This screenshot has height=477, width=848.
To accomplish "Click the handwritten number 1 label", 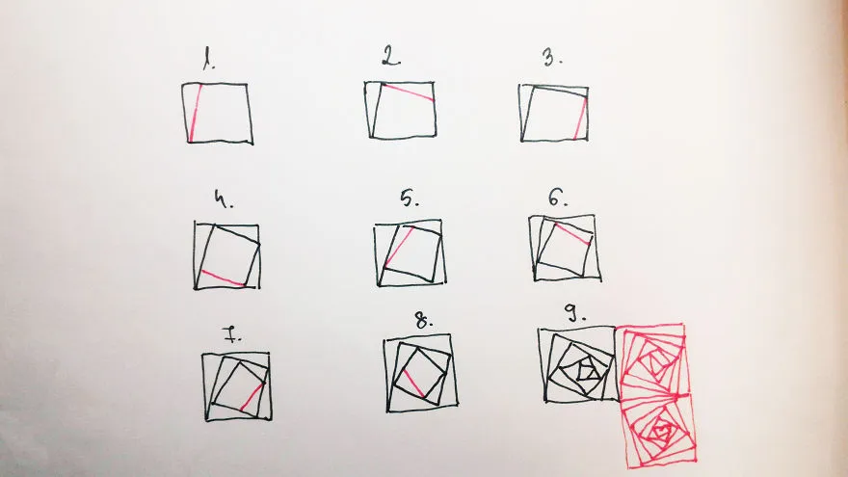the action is pos(209,59).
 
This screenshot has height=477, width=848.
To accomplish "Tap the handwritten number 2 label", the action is pos(391,56).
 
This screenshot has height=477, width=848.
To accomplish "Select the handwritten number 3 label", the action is pos(552,57).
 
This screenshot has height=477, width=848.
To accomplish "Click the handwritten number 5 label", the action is pos(410,199).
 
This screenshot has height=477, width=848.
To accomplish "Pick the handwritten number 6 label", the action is pos(558,199).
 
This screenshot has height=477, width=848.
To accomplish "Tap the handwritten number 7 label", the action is pos(232,334).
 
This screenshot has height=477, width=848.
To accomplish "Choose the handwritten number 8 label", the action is pos(424,321).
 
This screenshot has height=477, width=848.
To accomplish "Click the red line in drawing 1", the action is pos(196,113).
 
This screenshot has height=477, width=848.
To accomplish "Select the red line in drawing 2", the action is pos(409,92).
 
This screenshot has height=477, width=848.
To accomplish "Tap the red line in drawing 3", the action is pos(580,118).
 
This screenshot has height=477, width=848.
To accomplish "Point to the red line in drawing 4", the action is pos(223,277).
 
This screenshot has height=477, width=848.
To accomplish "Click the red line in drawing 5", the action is pos(399,247).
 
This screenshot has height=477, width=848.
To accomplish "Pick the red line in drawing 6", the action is pos(573,235).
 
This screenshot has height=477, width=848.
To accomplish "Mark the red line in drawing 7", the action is pos(252,396).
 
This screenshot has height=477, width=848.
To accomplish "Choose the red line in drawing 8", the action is pos(413,383).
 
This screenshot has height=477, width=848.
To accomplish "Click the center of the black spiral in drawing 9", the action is pos(586,372).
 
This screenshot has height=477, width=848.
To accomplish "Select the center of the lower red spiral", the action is pos(660,431).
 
